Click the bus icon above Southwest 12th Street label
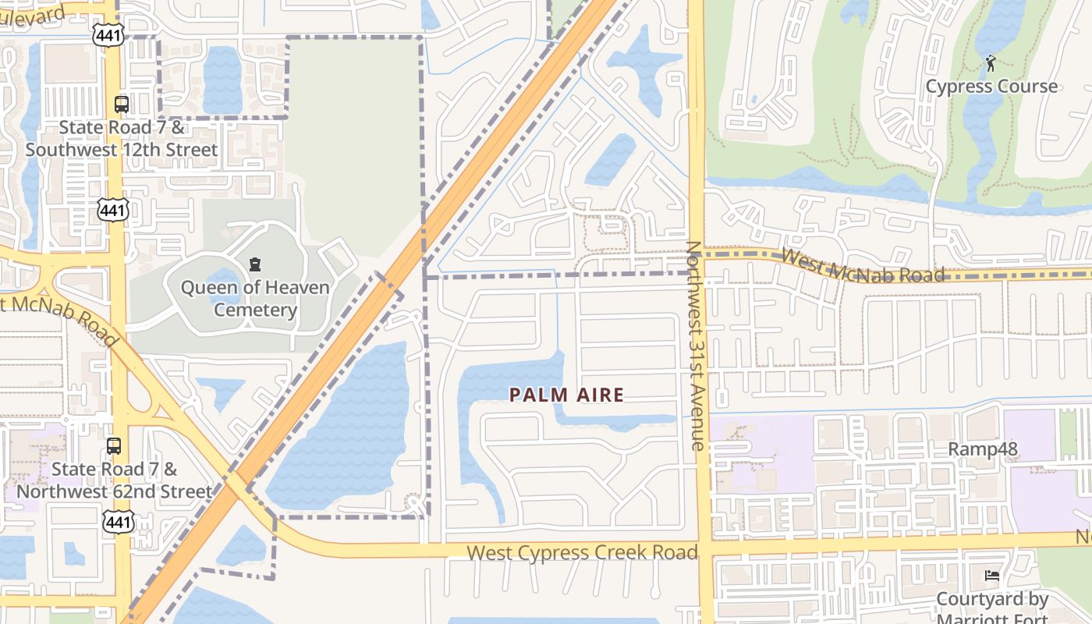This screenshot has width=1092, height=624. tap(122, 104)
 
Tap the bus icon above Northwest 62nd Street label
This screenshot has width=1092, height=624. tap(114, 446)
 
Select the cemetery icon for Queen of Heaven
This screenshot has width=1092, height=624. tap(254, 264)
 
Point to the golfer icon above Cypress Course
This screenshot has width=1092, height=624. tap(991, 63)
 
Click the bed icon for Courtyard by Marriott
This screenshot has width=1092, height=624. tap(992, 576)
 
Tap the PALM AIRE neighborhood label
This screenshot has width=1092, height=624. tap(567, 395)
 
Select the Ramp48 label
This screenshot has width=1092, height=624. tap(983, 449)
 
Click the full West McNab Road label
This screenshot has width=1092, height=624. tap(862, 265)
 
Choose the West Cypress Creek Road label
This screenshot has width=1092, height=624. tap(582, 553)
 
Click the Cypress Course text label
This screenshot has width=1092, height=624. tap(991, 87)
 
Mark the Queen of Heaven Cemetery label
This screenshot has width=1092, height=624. tap(255, 299)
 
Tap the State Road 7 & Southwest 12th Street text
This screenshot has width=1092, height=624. tap(122, 138)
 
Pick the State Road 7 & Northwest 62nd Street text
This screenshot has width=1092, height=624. tap(114, 480)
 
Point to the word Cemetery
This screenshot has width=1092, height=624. tap(255, 310)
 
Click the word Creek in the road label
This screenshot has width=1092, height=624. tap(622, 553)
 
